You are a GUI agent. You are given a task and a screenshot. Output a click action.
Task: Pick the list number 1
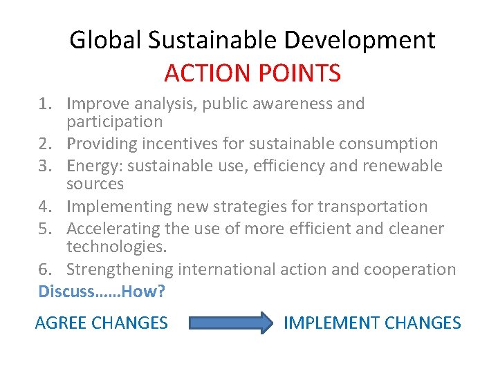(x=44, y=104)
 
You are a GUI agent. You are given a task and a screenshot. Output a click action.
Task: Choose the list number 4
(x=44, y=207)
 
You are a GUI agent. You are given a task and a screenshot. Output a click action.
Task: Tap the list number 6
(x=44, y=269)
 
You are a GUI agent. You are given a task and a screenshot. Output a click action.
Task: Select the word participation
(x=115, y=122)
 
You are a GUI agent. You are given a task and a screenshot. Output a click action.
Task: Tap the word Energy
(x=92, y=166)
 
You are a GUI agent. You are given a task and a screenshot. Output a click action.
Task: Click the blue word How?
(x=144, y=291)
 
